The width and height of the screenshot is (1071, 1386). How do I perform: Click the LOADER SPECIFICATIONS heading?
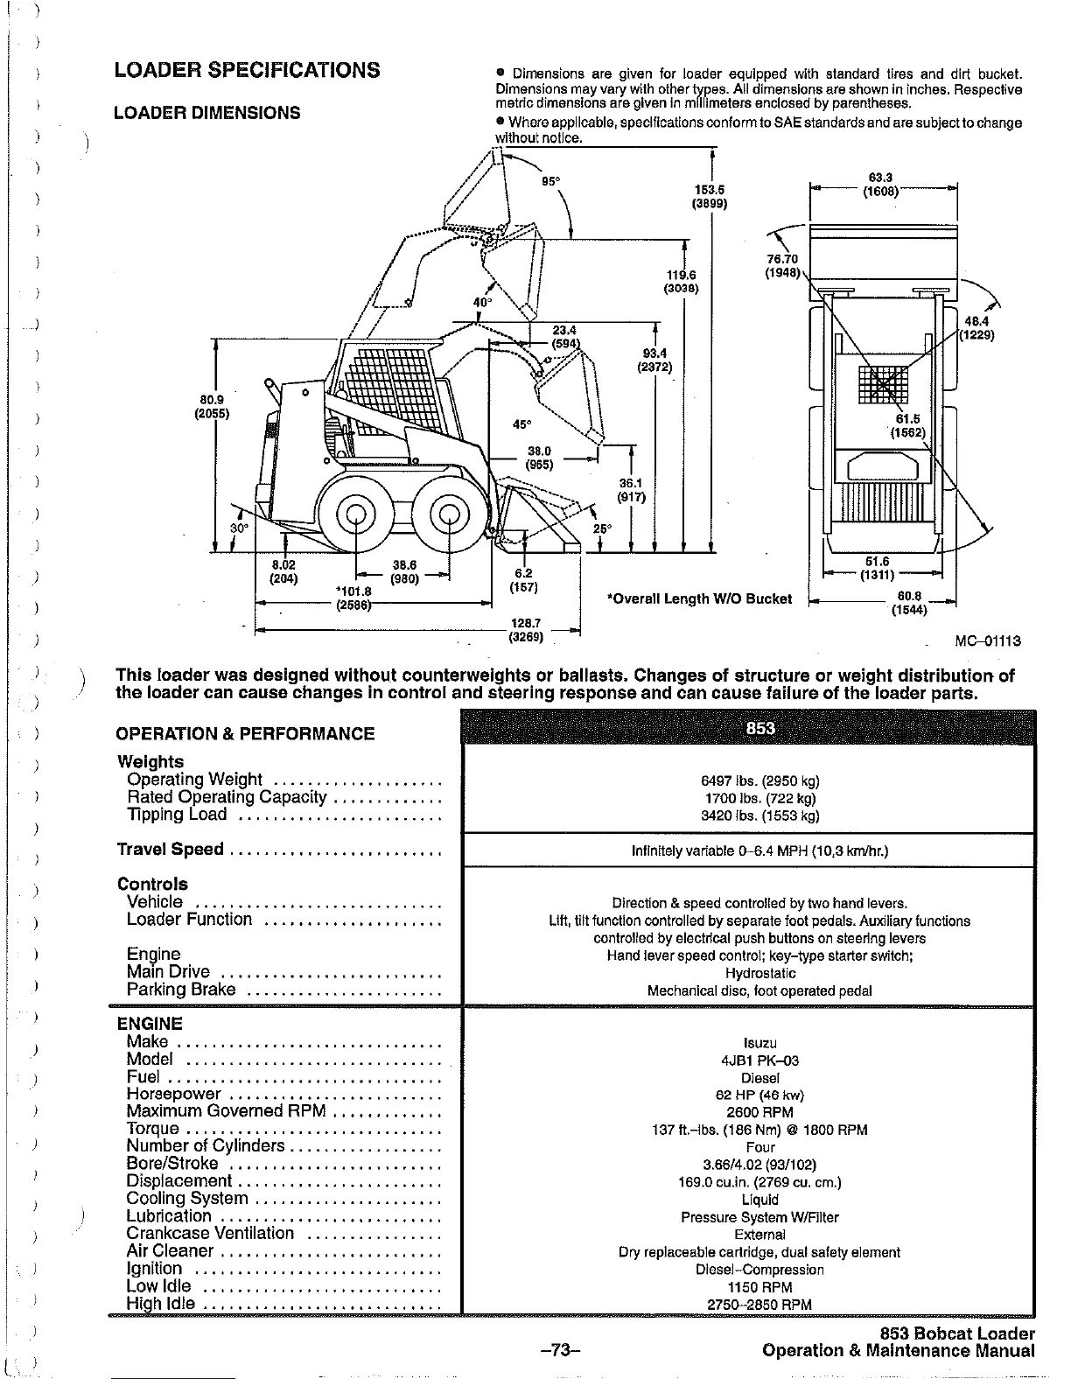tap(248, 70)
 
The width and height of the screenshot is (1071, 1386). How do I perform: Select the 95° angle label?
tap(550, 181)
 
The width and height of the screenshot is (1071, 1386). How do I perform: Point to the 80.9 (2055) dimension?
tap(211, 409)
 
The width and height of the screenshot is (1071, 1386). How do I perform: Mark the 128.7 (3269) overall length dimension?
tap(526, 630)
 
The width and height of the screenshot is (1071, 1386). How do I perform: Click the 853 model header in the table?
tap(748, 729)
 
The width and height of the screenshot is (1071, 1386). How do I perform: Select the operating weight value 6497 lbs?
tap(748, 781)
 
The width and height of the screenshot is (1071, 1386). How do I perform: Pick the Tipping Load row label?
tap(177, 815)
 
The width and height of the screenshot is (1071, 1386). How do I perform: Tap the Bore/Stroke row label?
tap(172, 1164)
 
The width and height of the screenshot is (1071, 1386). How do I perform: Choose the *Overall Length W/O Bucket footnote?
tap(699, 599)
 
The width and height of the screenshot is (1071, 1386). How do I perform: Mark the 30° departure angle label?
tap(239, 528)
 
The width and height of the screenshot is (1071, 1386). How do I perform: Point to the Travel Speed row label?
tap(171, 850)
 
